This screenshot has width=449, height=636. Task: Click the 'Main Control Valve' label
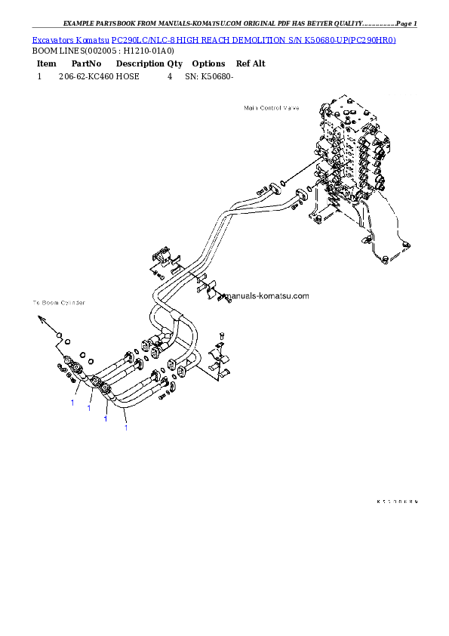[x=271, y=108]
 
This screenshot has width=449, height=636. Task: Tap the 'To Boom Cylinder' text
[x=58, y=302]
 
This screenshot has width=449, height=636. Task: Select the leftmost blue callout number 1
[x=72, y=403]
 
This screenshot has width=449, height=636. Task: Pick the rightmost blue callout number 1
[x=125, y=428]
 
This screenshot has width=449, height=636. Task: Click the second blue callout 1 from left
[x=88, y=409]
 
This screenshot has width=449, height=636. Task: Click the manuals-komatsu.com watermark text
[x=268, y=296]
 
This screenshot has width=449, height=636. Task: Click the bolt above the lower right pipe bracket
[x=221, y=335]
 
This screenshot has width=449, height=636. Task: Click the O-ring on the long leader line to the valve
[x=281, y=182]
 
